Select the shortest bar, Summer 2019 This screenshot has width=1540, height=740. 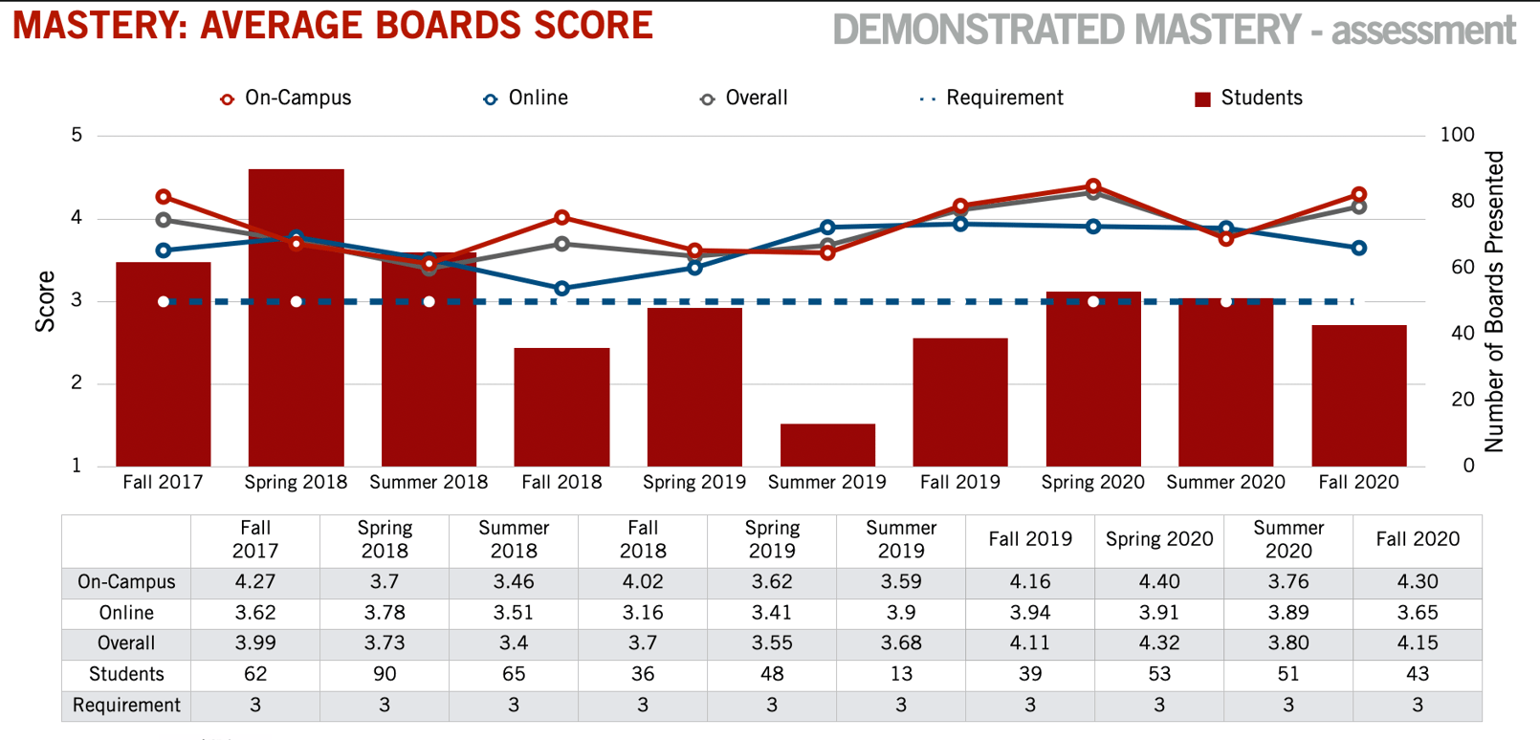click(827, 446)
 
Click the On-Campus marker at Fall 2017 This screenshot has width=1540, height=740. click(164, 197)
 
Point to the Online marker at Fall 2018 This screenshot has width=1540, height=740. click(561, 289)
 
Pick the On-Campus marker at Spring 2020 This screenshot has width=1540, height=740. click(1093, 186)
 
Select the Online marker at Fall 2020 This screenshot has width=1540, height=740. click(1359, 248)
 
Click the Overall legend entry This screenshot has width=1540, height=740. click(744, 98)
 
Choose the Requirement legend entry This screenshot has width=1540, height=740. click(992, 98)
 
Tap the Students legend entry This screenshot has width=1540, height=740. click(1248, 98)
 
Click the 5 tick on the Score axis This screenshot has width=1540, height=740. click(77, 135)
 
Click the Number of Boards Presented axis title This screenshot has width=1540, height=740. click(1494, 301)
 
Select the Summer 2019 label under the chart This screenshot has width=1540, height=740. click(827, 482)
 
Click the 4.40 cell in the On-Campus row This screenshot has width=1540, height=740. click(1159, 581)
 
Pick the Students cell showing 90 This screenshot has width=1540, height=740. click(385, 674)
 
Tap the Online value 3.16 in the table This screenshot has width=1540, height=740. click(643, 612)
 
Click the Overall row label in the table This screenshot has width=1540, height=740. click(126, 643)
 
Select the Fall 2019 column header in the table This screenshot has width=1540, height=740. click(1030, 539)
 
